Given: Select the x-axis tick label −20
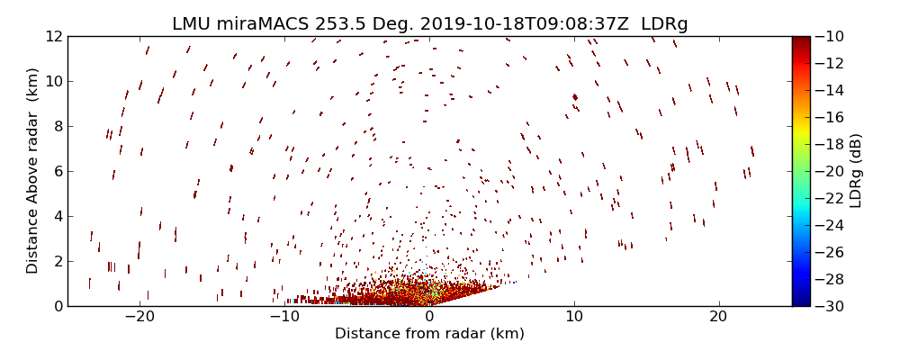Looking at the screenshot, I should click(139, 317).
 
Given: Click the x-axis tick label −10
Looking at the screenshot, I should click(284, 317).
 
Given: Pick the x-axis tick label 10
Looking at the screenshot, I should click(574, 317).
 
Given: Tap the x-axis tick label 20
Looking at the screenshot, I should click(718, 317).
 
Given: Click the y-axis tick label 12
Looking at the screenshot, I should click(53, 36).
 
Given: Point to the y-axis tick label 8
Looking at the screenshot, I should click(58, 126).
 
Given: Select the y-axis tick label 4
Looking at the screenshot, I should click(58, 216).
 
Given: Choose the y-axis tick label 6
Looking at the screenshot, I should click(58, 171).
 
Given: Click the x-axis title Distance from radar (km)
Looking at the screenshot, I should click(429, 334).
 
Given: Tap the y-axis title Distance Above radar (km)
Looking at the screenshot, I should click(32, 171).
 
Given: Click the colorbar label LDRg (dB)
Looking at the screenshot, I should click(856, 171).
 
